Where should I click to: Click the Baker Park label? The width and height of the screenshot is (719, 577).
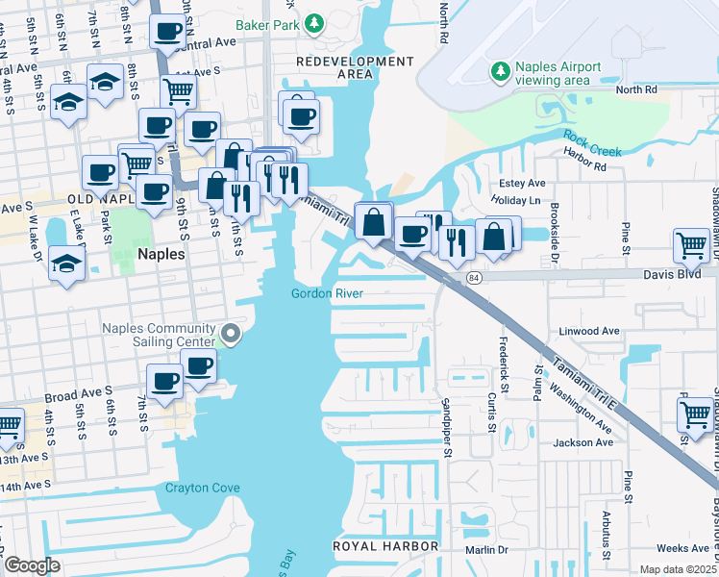point(265,21)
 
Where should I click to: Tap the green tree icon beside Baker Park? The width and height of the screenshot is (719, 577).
point(313,21)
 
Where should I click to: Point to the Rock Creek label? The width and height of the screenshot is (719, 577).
point(593,143)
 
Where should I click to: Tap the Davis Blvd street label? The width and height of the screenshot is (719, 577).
point(687,273)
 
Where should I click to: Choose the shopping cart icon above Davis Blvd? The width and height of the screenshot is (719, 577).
point(691,246)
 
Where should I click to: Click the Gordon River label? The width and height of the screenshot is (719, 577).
point(329,293)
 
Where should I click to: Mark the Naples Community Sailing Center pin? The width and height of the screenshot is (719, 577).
point(230,335)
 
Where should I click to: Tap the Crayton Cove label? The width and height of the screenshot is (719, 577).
point(203,488)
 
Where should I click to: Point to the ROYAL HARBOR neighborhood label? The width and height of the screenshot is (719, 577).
point(384,546)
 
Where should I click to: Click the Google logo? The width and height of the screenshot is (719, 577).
point(32,566)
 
